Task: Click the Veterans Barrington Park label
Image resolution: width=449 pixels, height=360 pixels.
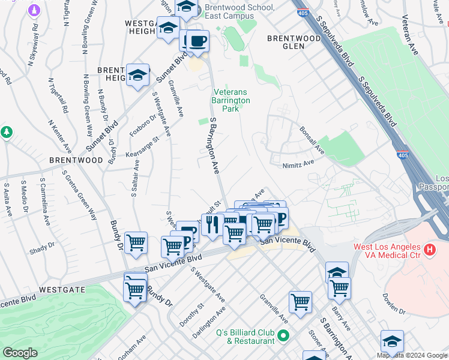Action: [x=231, y=100]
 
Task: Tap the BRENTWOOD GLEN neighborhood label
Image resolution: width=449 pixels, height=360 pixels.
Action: [x=294, y=42]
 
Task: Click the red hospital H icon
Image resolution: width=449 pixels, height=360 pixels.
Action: [x=429, y=248]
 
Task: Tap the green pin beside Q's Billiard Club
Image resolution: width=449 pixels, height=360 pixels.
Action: [x=285, y=335]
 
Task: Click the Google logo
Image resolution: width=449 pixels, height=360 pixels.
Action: [x=20, y=353]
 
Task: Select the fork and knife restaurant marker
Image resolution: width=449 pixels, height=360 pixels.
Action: [x=212, y=225]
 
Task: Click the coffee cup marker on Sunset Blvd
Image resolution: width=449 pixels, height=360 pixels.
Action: [x=197, y=41]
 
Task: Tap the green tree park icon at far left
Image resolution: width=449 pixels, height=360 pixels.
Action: [x=6, y=131]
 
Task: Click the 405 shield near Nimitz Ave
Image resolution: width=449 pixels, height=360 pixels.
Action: [x=403, y=155]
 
